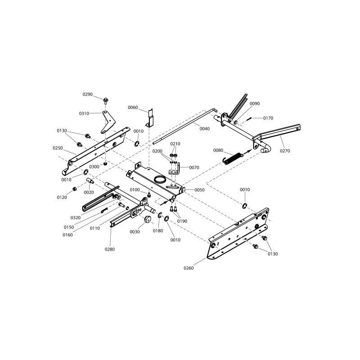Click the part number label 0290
(x=87, y=94)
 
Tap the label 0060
(x=133, y=108)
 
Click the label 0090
(x=255, y=103)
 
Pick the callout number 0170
(x=268, y=118)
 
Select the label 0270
(x=285, y=151)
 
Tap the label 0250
(x=58, y=148)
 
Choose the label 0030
(x=135, y=232)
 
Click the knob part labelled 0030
(x=147, y=219)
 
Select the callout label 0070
(x=194, y=167)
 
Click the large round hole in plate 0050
(x=160, y=179)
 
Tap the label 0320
(x=76, y=218)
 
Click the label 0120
(x=61, y=198)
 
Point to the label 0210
(x=175, y=144)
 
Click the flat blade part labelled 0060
(x=151, y=118)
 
